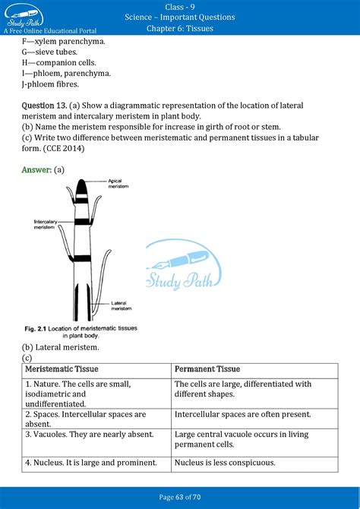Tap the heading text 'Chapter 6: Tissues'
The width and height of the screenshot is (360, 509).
[x=180, y=29]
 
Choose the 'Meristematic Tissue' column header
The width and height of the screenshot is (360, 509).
[x=62, y=369]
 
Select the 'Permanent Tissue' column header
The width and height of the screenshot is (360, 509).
[x=207, y=369]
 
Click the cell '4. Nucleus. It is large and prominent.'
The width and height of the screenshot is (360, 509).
[x=91, y=462]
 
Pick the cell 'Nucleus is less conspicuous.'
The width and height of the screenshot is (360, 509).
[x=225, y=462]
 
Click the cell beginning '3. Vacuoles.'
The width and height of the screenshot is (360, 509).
[x=89, y=435]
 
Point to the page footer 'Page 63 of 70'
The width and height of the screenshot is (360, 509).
[x=180, y=498]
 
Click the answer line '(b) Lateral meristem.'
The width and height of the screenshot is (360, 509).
[x=61, y=347]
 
